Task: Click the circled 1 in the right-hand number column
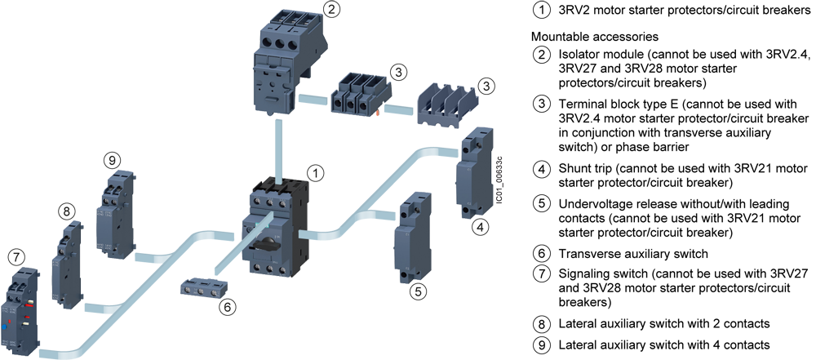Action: (x=542, y=11)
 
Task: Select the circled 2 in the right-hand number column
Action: (x=542, y=56)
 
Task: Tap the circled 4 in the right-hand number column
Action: (x=542, y=170)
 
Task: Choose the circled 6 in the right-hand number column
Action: (x=542, y=253)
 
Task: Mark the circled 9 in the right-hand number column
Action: (x=542, y=344)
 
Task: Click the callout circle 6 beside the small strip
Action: (x=228, y=308)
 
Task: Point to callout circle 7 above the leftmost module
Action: (x=16, y=256)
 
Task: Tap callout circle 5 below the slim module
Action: (x=418, y=290)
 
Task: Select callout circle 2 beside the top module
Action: (x=330, y=10)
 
